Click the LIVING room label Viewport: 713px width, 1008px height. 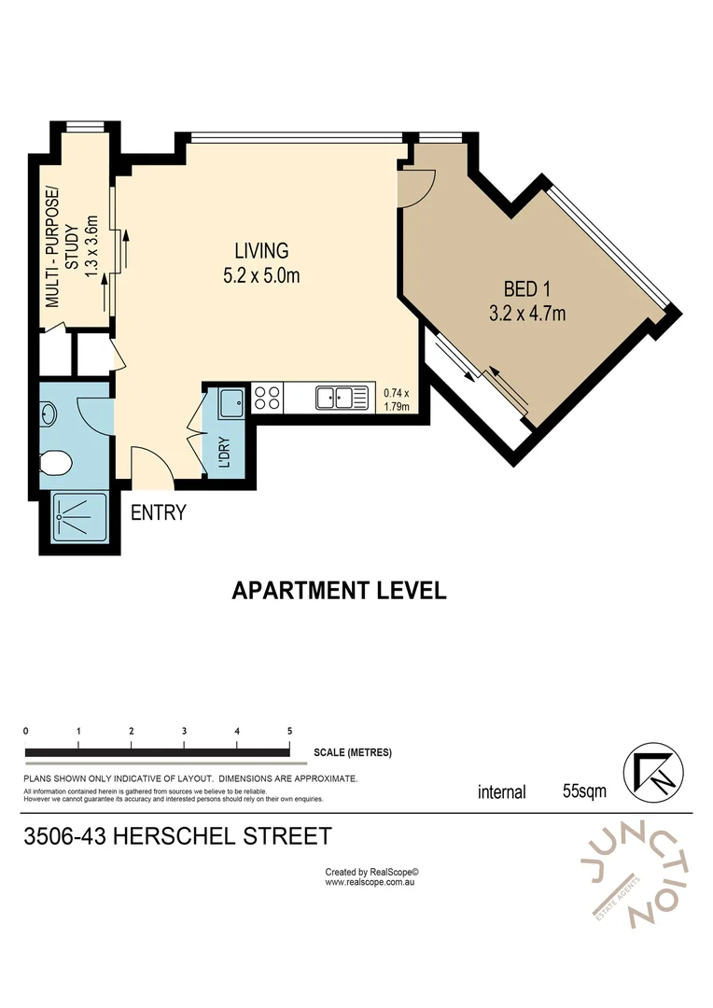tap(261, 250)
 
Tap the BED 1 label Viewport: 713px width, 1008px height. tap(527, 288)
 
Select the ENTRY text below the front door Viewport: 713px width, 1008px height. tap(158, 512)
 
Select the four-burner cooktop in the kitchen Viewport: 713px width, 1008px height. tap(268, 399)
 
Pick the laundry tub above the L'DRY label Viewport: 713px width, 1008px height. tap(231, 404)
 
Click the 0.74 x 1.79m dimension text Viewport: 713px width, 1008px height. tap(397, 399)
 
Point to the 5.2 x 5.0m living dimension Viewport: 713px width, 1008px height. tap(261, 275)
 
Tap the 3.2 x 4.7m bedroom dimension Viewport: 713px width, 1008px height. tap(527, 314)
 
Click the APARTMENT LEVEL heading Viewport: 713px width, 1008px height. tap(339, 591)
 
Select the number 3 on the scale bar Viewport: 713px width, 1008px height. tap(185, 731)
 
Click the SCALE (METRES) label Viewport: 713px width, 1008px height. tap(353, 752)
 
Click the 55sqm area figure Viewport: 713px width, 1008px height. tap(584, 791)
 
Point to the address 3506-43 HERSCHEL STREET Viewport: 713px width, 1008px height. tap(177, 835)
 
